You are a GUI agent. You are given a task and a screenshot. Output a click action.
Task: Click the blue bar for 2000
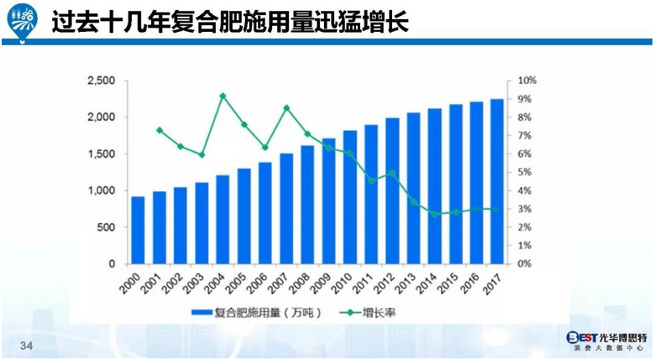(x=138, y=230)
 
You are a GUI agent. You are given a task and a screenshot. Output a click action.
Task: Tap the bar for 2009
(x=328, y=201)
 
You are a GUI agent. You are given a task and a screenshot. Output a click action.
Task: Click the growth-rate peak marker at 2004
(x=223, y=96)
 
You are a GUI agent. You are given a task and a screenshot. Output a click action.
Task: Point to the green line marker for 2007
(x=286, y=107)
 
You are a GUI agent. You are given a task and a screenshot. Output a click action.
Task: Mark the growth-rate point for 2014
(x=434, y=214)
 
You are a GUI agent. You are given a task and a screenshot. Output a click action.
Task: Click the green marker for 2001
(x=160, y=130)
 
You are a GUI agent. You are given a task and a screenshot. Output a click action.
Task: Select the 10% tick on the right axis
(x=527, y=81)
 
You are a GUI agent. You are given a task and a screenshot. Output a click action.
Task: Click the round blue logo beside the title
(x=22, y=23)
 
